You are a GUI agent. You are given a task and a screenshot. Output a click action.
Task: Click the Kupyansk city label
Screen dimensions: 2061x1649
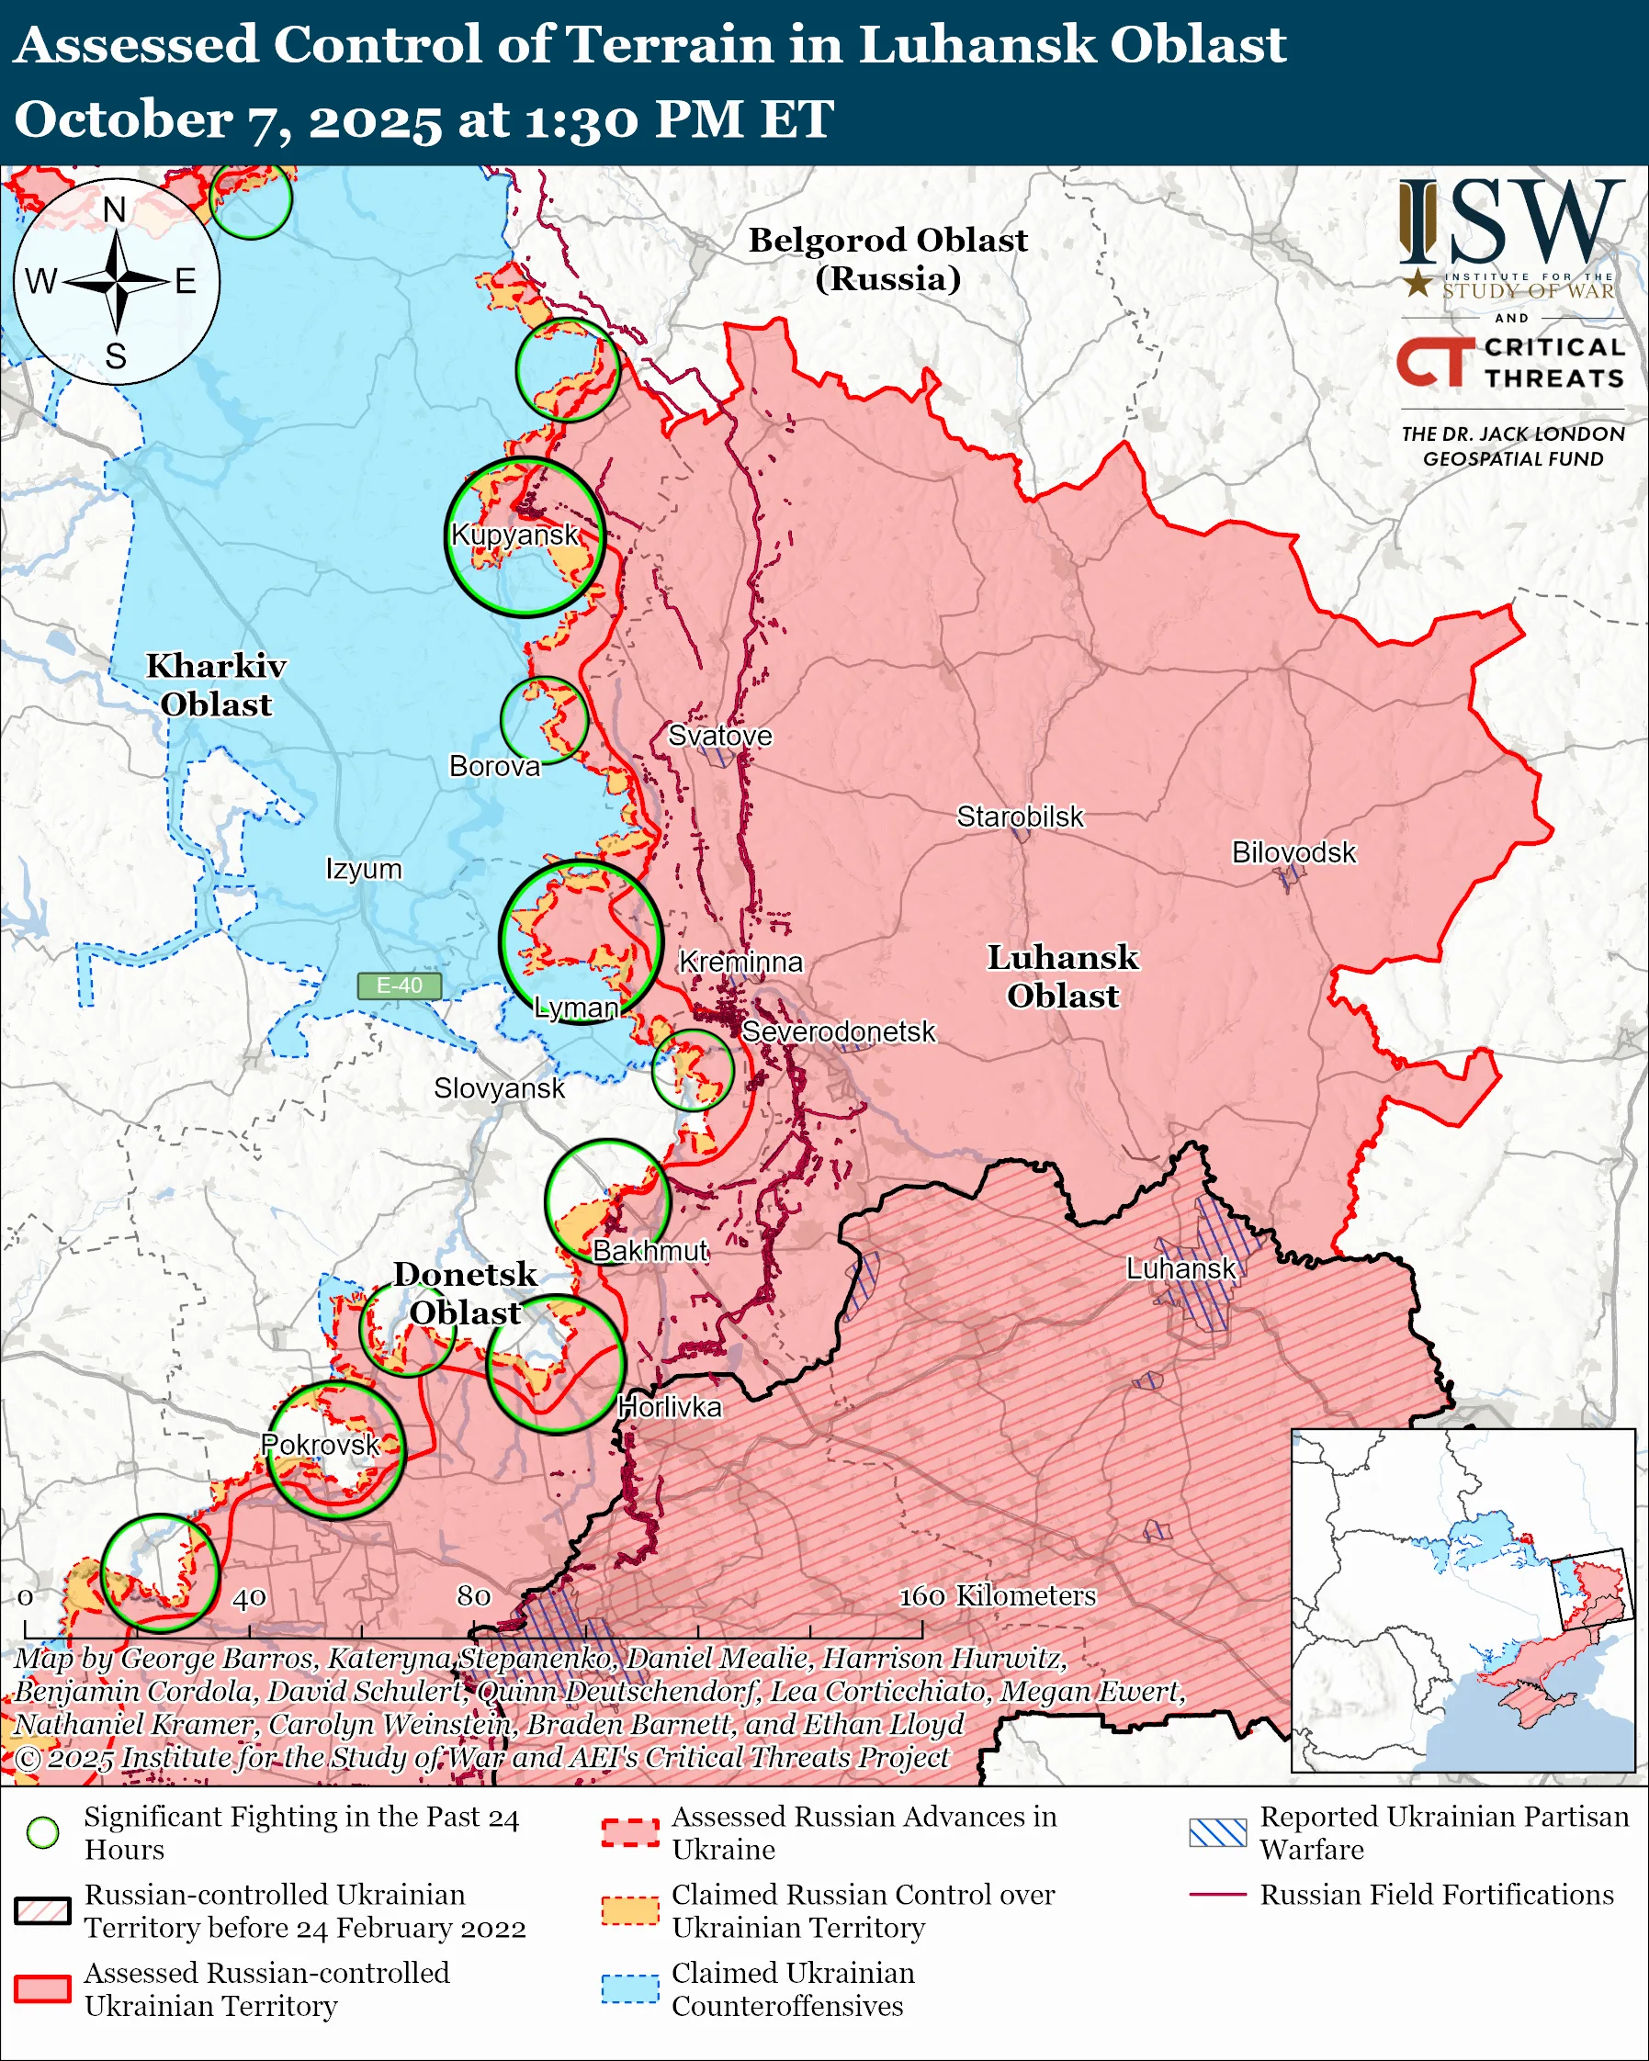coord(514,535)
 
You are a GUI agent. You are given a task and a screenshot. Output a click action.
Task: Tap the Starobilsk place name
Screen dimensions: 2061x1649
coord(1020,817)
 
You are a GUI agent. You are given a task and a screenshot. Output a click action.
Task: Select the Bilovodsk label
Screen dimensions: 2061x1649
coord(1293,851)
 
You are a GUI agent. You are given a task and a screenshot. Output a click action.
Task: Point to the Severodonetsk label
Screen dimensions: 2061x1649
coord(839,1031)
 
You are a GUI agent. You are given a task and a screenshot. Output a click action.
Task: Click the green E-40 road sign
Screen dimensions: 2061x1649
coord(399,985)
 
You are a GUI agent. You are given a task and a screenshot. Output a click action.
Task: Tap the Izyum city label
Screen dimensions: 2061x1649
coord(363,869)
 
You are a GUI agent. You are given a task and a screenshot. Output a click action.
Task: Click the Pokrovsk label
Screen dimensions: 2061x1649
coord(321,1445)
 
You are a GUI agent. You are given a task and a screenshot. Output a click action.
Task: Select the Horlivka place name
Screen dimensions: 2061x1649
coord(669,1407)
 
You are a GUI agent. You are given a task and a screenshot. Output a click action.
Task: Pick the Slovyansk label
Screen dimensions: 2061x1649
coord(499,1087)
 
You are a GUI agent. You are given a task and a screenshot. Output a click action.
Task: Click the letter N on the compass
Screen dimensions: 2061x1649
coord(115,210)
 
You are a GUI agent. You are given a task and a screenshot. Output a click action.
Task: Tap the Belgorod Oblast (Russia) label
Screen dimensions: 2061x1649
coord(887,259)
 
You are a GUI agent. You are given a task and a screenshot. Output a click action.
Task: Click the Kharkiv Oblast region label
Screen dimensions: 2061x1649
coord(216,684)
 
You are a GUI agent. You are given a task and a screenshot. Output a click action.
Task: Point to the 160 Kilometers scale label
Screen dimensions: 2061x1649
coord(997,1595)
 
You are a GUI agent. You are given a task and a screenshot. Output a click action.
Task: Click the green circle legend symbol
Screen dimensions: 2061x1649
coord(42,1832)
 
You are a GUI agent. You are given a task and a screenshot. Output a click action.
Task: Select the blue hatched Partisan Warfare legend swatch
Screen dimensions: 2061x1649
coord(1217,1832)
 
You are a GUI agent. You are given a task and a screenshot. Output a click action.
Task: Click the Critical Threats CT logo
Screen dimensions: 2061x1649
coord(1434,362)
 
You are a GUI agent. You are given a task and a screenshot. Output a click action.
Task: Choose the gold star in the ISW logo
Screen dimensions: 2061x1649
coord(1417,283)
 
